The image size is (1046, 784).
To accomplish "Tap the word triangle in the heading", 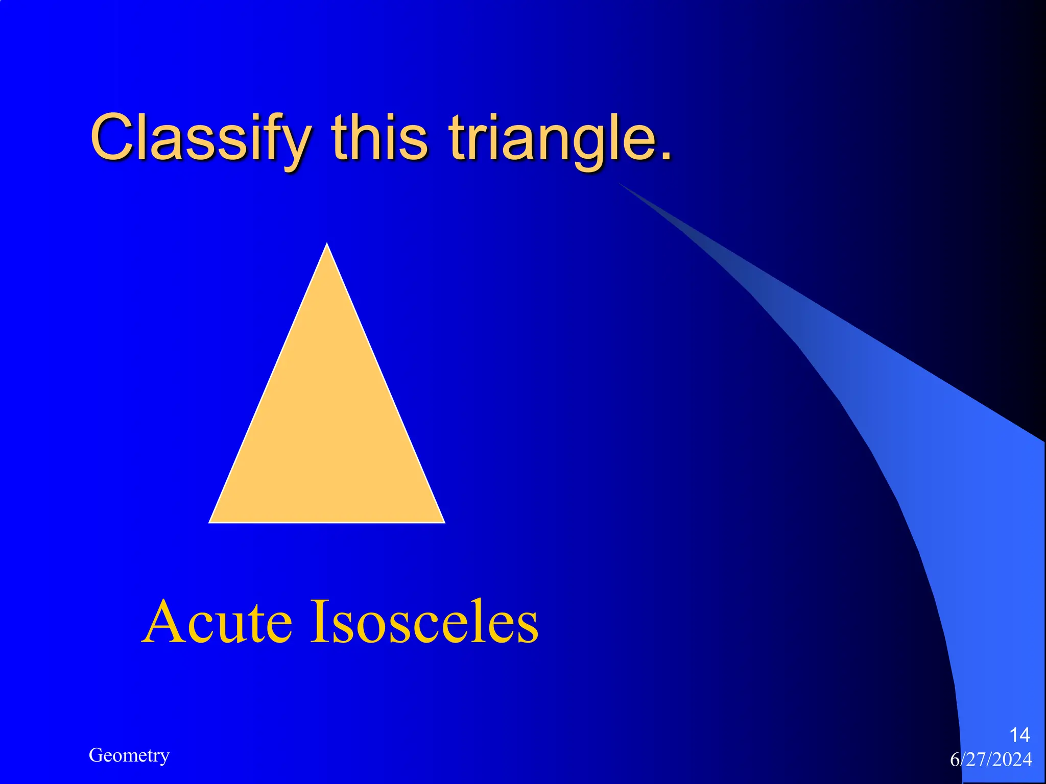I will pyautogui.click(x=555, y=138).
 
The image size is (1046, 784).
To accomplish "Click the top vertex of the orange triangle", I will pyautogui.click(x=327, y=244).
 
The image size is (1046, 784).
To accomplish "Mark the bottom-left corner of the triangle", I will pyautogui.click(x=210, y=522).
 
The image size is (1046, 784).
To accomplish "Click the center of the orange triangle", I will pyautogui.click(x=327, y=429).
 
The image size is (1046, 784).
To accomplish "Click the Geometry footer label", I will pyautogui.click(x=129, y=755).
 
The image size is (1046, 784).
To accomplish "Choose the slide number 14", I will pyautogui.click(x=1019, y=735).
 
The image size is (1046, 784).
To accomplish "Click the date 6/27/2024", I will pyautogui.click(x=991, y=759).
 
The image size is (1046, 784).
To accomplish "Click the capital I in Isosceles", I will pyautogui.click(x=319, y=621).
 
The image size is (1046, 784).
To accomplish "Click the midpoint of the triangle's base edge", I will pyautogui.click(x=327, y=522).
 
